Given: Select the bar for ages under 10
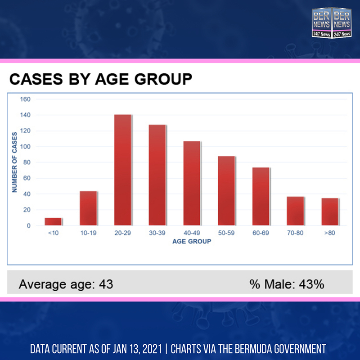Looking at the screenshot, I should tap(53, 221).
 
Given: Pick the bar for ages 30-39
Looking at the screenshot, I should tap(157, 175).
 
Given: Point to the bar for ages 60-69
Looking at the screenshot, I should tap(261, 196).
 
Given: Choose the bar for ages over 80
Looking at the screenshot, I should tap(330, 211).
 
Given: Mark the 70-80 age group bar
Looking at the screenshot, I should tap(296, 211).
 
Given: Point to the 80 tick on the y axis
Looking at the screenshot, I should tap(27, 162).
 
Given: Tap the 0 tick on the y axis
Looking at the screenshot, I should tap(28, 225).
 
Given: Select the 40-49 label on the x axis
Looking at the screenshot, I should tap(192, 233).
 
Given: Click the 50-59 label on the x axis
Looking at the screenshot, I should tap(226, 233).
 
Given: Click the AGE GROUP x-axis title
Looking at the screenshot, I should tap(192, 241).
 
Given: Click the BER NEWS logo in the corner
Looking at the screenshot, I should tap(332, 22).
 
